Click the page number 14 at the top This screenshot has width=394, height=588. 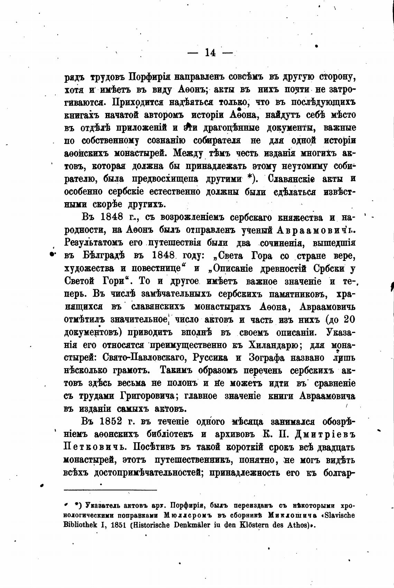tap(210, 53)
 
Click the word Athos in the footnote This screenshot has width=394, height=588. tap(298, 525)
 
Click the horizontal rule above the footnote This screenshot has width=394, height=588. tap(111, 490)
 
